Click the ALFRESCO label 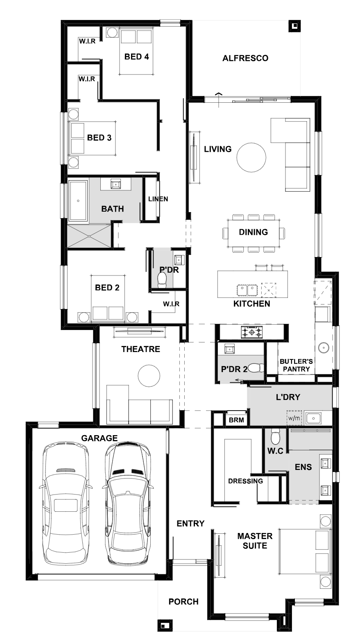pyautogui.click(x=245, y=58)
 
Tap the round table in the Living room pyautogui.click(x=251, y=157)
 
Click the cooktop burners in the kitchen pyautogui.click(x=251, y=332)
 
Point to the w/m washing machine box pyautogui.click(x=294, y=418)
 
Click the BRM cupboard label pyautogui.click(x=236, y=420)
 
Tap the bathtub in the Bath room pyautogui.click(x=78, y=201)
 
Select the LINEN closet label pyautogui.click(x=158, y=199)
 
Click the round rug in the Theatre pyautogui.click(x=149, y=375)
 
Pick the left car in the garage pyautogui.click(x=66, y=504)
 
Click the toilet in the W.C pyautogui.click(x=275, y=437)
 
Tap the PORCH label pyautogui.click(x=183, y=602)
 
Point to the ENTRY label pyautogui.click(x=190, y=524)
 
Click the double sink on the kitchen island pyautogui.click(x=247, y=290)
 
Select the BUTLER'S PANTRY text pyautogui.click(x=296, y=365)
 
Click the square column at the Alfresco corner pyautogui.click(x=294, y=26)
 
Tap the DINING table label pyautogui.click(x=253, y=232)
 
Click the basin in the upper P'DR pyautogui.click(x=179, y=260)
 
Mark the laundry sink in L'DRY pyautogui.click(x=313, y=418)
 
